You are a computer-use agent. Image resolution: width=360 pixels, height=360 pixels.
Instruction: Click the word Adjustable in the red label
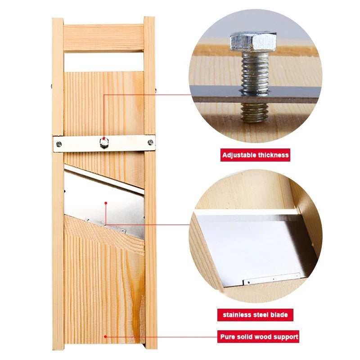239,155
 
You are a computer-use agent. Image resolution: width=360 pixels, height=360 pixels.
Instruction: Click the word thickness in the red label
273,155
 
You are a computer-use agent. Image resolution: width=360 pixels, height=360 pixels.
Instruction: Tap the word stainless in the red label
237,315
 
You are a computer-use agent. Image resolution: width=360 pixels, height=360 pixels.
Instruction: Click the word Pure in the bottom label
228,337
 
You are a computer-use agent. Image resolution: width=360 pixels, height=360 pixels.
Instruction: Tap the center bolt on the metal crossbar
104,143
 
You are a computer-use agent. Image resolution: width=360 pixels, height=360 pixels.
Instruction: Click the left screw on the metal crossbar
59,144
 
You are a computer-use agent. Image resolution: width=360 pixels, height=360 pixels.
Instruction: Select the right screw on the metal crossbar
150,142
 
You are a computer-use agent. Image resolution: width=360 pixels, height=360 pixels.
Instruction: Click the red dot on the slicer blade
106,203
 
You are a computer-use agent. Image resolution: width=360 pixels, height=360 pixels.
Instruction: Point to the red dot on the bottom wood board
105,337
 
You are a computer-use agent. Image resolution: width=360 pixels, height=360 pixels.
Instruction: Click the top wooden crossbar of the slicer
103,38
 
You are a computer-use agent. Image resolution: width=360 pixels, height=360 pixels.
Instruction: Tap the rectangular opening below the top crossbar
104,62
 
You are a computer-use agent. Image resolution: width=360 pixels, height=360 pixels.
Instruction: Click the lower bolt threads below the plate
255,112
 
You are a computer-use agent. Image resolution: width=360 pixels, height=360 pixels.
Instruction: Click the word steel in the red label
261,315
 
